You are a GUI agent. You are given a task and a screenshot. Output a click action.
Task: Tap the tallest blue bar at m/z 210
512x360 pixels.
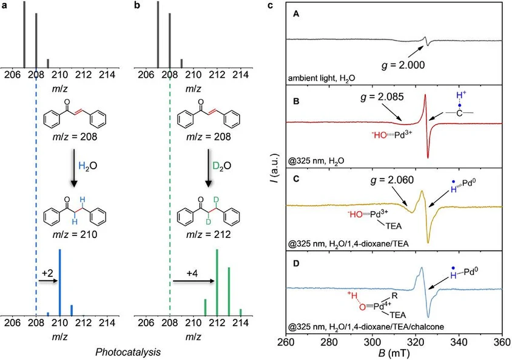[59, 282]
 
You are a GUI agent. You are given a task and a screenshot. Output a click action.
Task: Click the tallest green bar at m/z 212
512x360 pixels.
[217, 282]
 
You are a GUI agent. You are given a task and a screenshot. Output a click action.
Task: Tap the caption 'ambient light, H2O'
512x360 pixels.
[320, 80]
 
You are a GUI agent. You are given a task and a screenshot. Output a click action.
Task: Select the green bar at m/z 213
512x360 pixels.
[229, 291]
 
